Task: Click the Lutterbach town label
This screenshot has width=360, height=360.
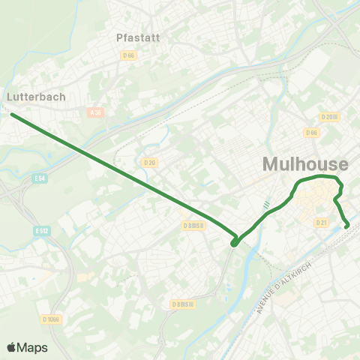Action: click(36, 97)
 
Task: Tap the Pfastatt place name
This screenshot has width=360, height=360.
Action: click(136, 37)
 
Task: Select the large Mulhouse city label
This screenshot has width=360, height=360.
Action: click(305, 164)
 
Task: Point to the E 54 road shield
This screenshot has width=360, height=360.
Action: click(40, 178)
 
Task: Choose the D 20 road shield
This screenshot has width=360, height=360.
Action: click(148, 161)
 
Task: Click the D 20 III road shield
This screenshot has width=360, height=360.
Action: click(329, 117)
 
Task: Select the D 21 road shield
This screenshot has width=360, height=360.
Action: click(322, 222)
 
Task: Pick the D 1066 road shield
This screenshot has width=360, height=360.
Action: click(51, 319)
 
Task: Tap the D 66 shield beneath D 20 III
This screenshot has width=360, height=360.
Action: click(311, 133)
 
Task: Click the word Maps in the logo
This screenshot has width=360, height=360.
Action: click(33, 347)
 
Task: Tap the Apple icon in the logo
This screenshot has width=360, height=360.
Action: click(12, 346)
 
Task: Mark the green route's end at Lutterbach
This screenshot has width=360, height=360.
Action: click(13, 115)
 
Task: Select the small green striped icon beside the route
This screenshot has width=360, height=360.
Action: click(266, 203)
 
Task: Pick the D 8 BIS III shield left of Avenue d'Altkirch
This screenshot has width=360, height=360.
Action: click(182, 304)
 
